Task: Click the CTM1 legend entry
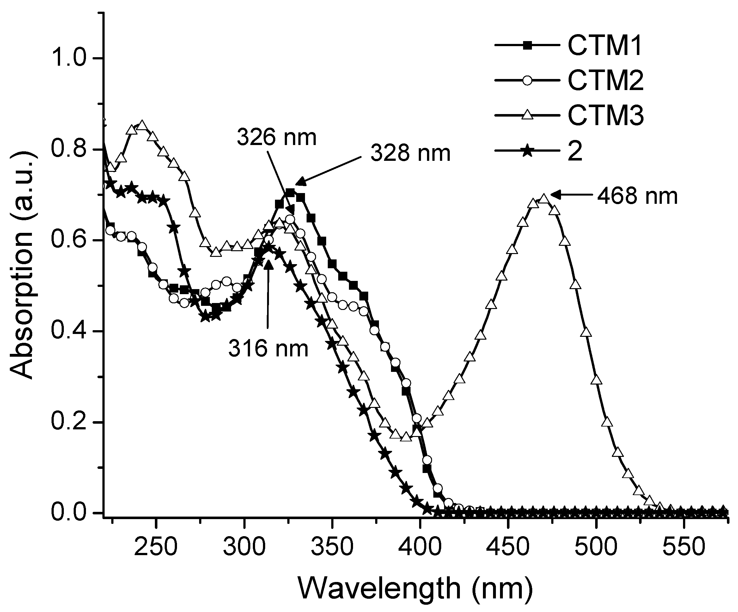pyautogui.click(x=604, y=46)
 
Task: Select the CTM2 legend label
pyautogui.click(x=605, y=81)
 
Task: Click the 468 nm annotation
pyautogui.click(x=637, y=196)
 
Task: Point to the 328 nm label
pyautogui.click(x=410, y=153)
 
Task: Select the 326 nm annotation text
pyautogui.click(x=277, y=137)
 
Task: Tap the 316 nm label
pyautogui.click(x=268, y=348)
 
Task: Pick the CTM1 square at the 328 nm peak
pyautogui.click(x=290, y=192)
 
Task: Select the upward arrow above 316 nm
pyautogui.click(x=268, y=292)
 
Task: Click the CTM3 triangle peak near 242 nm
pyautogui.click(x=142, y=125)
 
